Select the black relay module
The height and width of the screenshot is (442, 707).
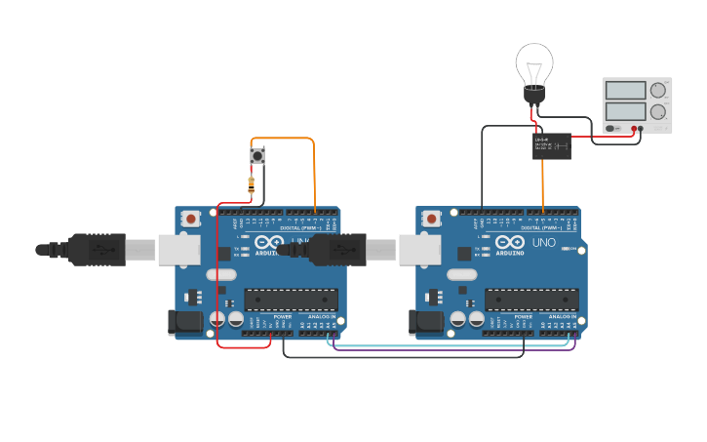[552, 146]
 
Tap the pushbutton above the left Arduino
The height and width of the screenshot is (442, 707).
[257, 155]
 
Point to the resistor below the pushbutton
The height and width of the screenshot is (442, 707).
[252, 182]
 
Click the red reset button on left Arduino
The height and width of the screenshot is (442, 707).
[191, 219]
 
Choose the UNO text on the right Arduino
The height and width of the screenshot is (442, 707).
[543, 242]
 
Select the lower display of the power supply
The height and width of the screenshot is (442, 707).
[624, 111]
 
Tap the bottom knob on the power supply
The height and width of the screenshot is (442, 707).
[658, 111]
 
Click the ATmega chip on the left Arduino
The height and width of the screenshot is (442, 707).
[291, 300]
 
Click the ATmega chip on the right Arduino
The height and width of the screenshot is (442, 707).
[531, 300]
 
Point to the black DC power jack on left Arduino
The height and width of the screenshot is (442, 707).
[185, 323]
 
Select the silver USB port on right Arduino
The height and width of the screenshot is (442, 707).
[417, 251]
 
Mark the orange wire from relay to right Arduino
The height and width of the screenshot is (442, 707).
[543, 185]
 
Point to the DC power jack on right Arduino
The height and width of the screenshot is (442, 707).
[426, 323]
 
